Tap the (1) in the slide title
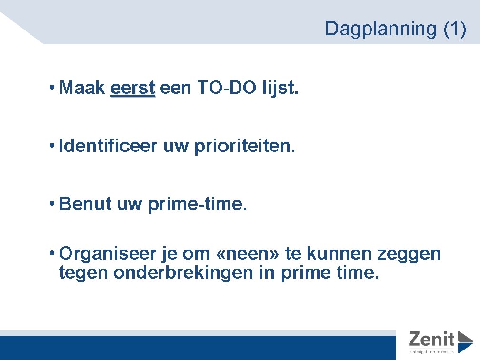(454, 29)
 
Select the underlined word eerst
(132, 88)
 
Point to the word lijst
(280, 88)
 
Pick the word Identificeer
(108, 146)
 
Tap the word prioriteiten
(245, 146)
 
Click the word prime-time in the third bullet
(198, 203)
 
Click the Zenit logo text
(431, 340)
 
